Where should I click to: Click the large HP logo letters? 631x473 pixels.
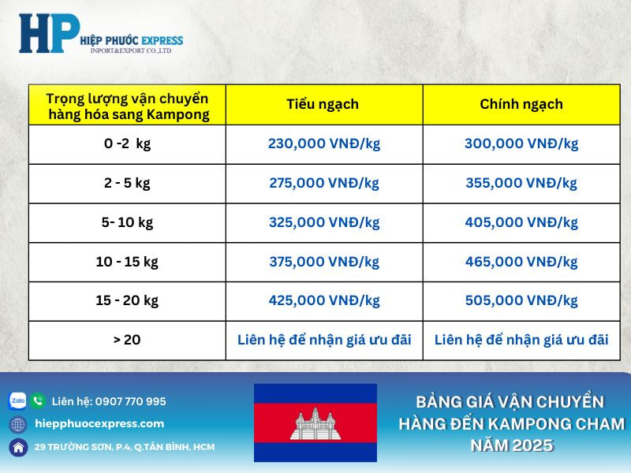pos(49,34)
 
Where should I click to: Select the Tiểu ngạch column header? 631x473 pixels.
pos(323,104)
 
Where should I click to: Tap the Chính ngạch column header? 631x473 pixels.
pos(521,104)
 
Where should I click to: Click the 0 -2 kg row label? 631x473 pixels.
pos(127,143)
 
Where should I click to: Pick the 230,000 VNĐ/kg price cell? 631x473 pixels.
pos(323,143)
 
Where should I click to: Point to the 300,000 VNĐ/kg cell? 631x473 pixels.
pos(521,143)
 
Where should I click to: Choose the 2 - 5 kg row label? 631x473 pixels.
pos(127,183)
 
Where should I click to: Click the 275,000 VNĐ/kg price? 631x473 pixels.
pos(323,183)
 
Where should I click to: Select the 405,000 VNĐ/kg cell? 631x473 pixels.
pos(521,222)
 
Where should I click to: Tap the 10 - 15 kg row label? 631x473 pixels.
pos(127,262)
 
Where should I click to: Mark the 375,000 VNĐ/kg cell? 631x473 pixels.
pos(323,262)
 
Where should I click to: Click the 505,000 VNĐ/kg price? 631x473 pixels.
pos(521,300)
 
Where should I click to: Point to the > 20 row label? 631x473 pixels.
pos(127,340)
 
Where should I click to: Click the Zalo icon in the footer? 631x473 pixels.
pos(17,401)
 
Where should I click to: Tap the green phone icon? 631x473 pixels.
pos(38,401)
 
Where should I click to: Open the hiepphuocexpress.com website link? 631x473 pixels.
pos(99,423)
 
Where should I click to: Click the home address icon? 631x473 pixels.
pos(17,447)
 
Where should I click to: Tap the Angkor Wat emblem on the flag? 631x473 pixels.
pos(315,423)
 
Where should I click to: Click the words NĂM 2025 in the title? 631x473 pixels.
pos(511,445)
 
